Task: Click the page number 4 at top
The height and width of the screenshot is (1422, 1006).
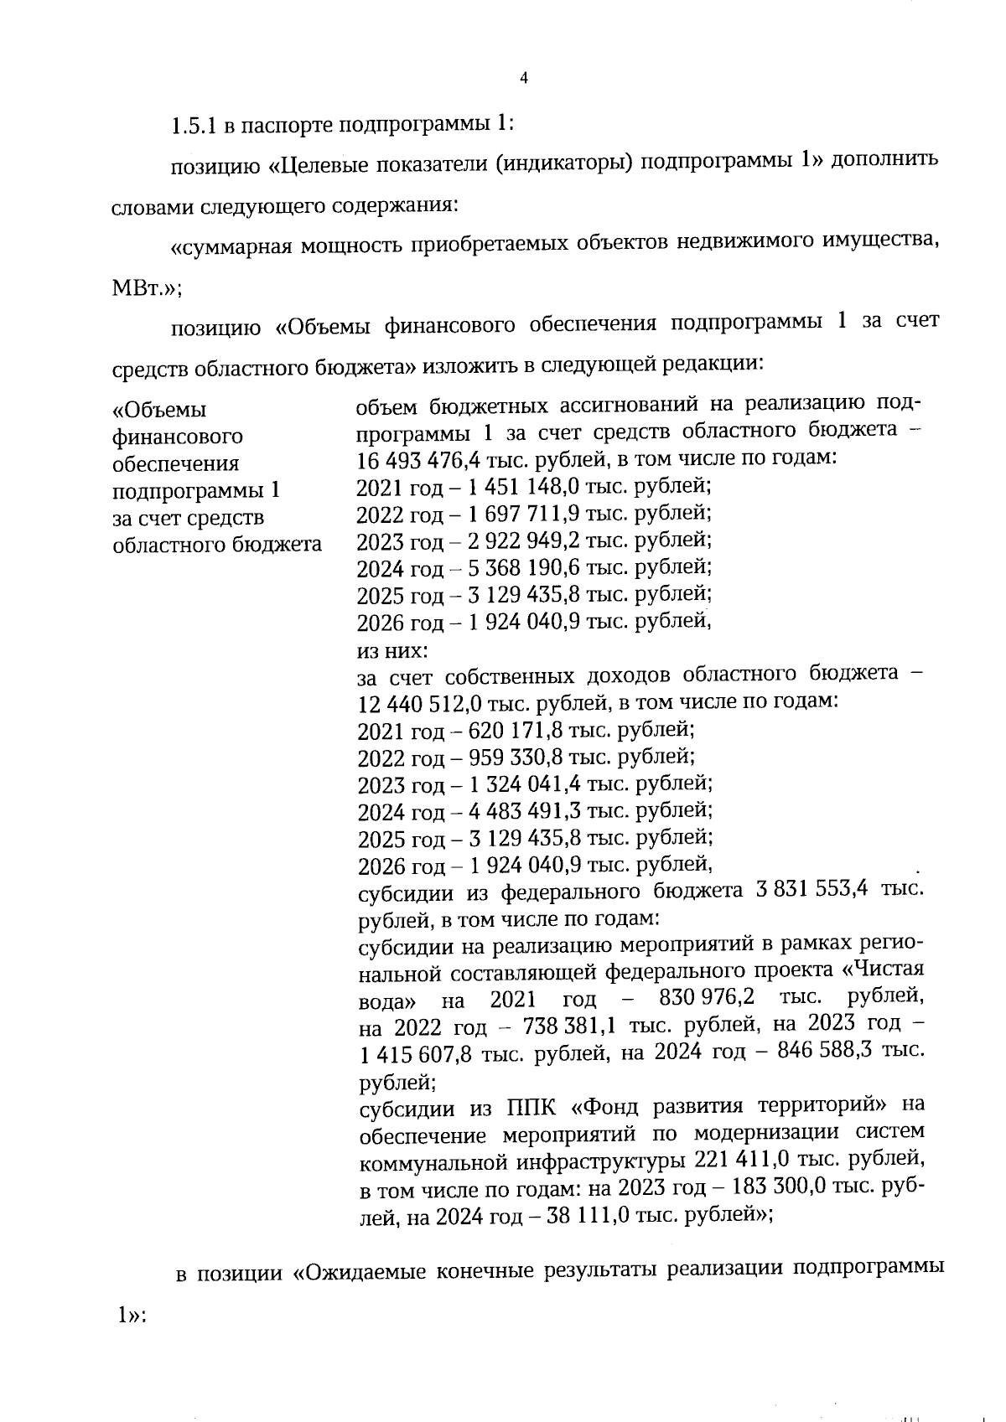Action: coord(524,79)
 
